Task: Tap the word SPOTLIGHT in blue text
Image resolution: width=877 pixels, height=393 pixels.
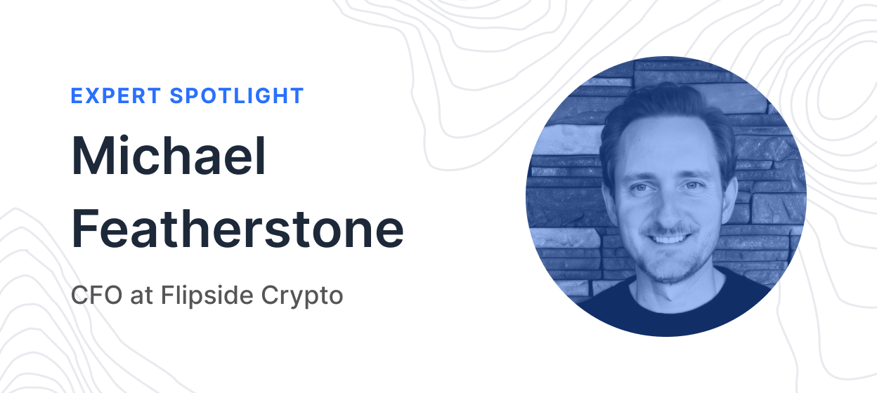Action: pos(237,96)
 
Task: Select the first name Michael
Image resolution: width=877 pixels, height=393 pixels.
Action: pos(169,155)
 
